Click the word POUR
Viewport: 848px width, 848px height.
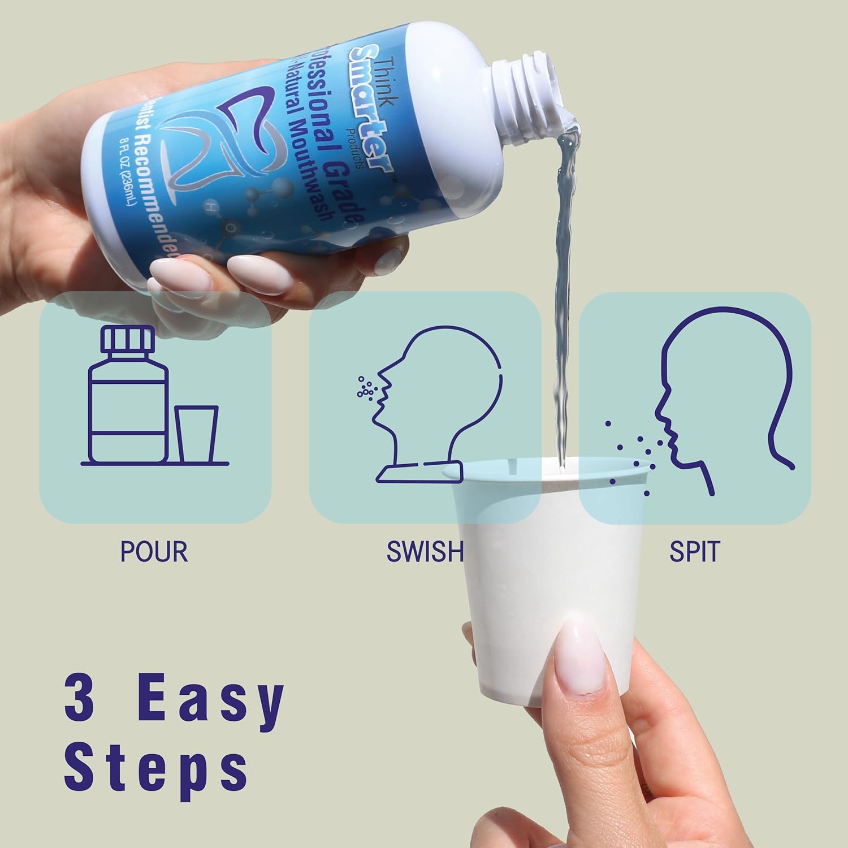[154, 552]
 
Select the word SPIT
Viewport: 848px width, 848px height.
[694, 552]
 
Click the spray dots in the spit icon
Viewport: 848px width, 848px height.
[633, 458]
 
